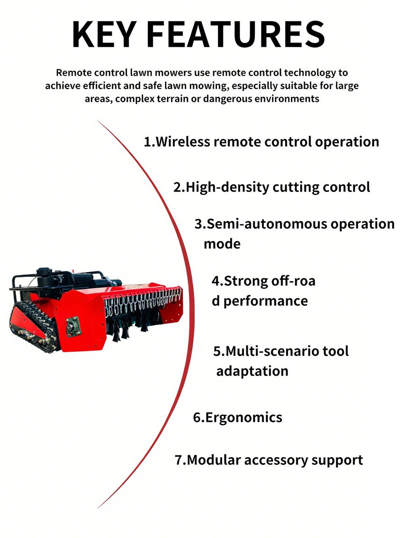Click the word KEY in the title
tap(103, 34)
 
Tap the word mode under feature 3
tap(222, 244)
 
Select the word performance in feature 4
tap(266, 301)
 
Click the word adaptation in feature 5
tap(252, 371)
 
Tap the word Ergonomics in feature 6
tap(244, 418)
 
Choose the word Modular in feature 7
tap(214, 460)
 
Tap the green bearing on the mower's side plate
tap(73, 326)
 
